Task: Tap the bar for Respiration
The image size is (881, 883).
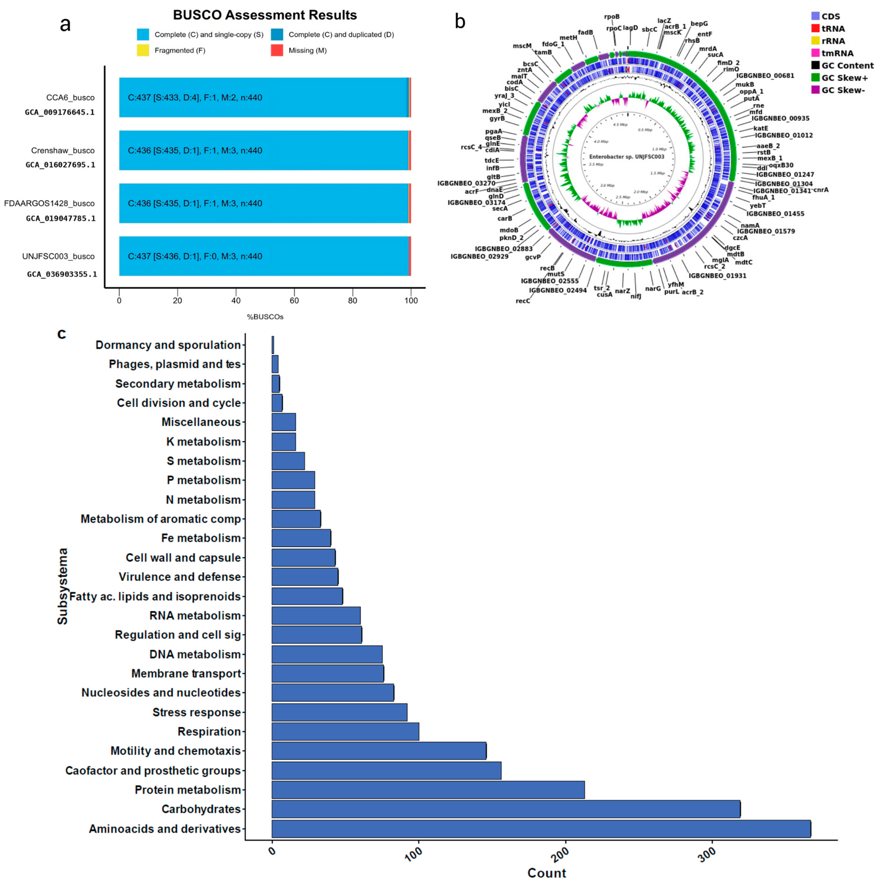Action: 345,731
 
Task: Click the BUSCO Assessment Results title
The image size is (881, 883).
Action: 265,15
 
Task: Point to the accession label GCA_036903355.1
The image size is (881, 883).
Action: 62,274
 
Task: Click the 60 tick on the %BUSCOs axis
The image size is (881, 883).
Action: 294,300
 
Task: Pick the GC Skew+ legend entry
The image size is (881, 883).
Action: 844,78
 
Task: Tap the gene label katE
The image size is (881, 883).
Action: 761,128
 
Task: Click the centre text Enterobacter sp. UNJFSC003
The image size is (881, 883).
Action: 626,157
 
